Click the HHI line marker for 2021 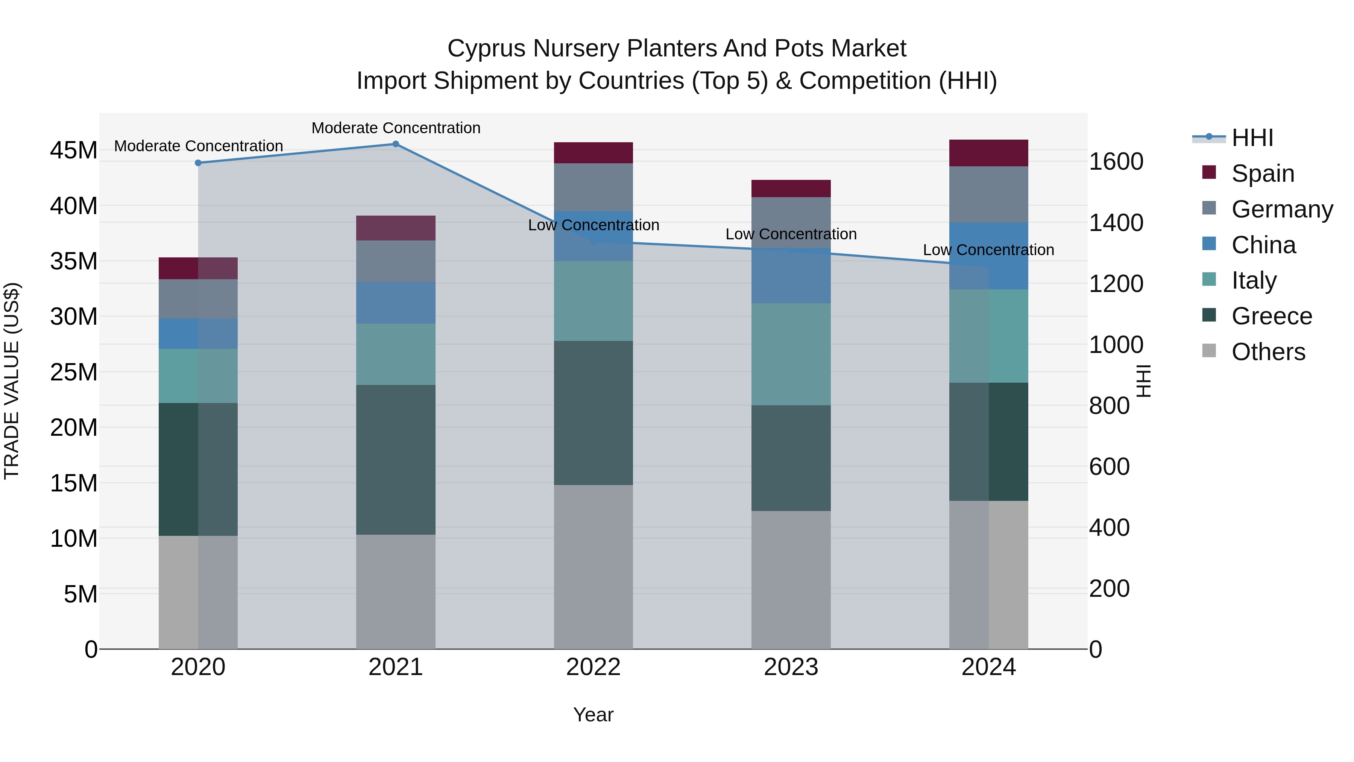[396, 144]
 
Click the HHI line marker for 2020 [198, 163]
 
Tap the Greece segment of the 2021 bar [396, 459]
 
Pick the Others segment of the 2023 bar [791, 579]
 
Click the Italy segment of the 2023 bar [791, 354]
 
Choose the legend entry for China [1263, 245]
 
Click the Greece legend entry [1271, 316]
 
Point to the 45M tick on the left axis [74, 151]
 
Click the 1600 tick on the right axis [1116, 161]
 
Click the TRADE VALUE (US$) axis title [12, 381]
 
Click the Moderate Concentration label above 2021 [396, 128]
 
